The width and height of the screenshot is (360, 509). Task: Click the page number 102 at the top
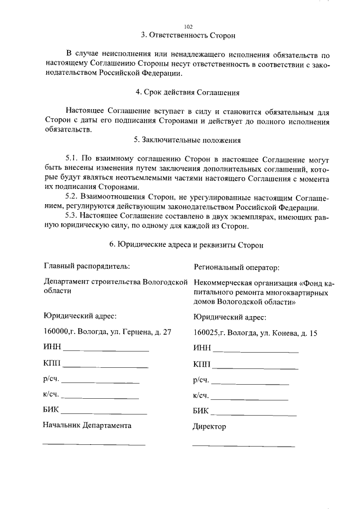pyautogui.click(x=188, y=26)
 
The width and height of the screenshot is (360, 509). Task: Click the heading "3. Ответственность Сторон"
pyautogui.click(x=188, y=35)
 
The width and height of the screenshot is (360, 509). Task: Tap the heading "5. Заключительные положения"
pyautogui.click(x=188, y=140)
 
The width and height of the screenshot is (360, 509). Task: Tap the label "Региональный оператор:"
pyautogui.click(x=236, y=267)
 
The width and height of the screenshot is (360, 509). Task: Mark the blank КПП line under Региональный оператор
pyautogui.click(x=256, y=368)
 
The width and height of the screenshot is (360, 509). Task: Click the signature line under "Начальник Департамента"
pyautogui.click(x=93, y=444)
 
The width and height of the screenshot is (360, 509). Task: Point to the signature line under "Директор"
pyautogui.click(x=243, y=445)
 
